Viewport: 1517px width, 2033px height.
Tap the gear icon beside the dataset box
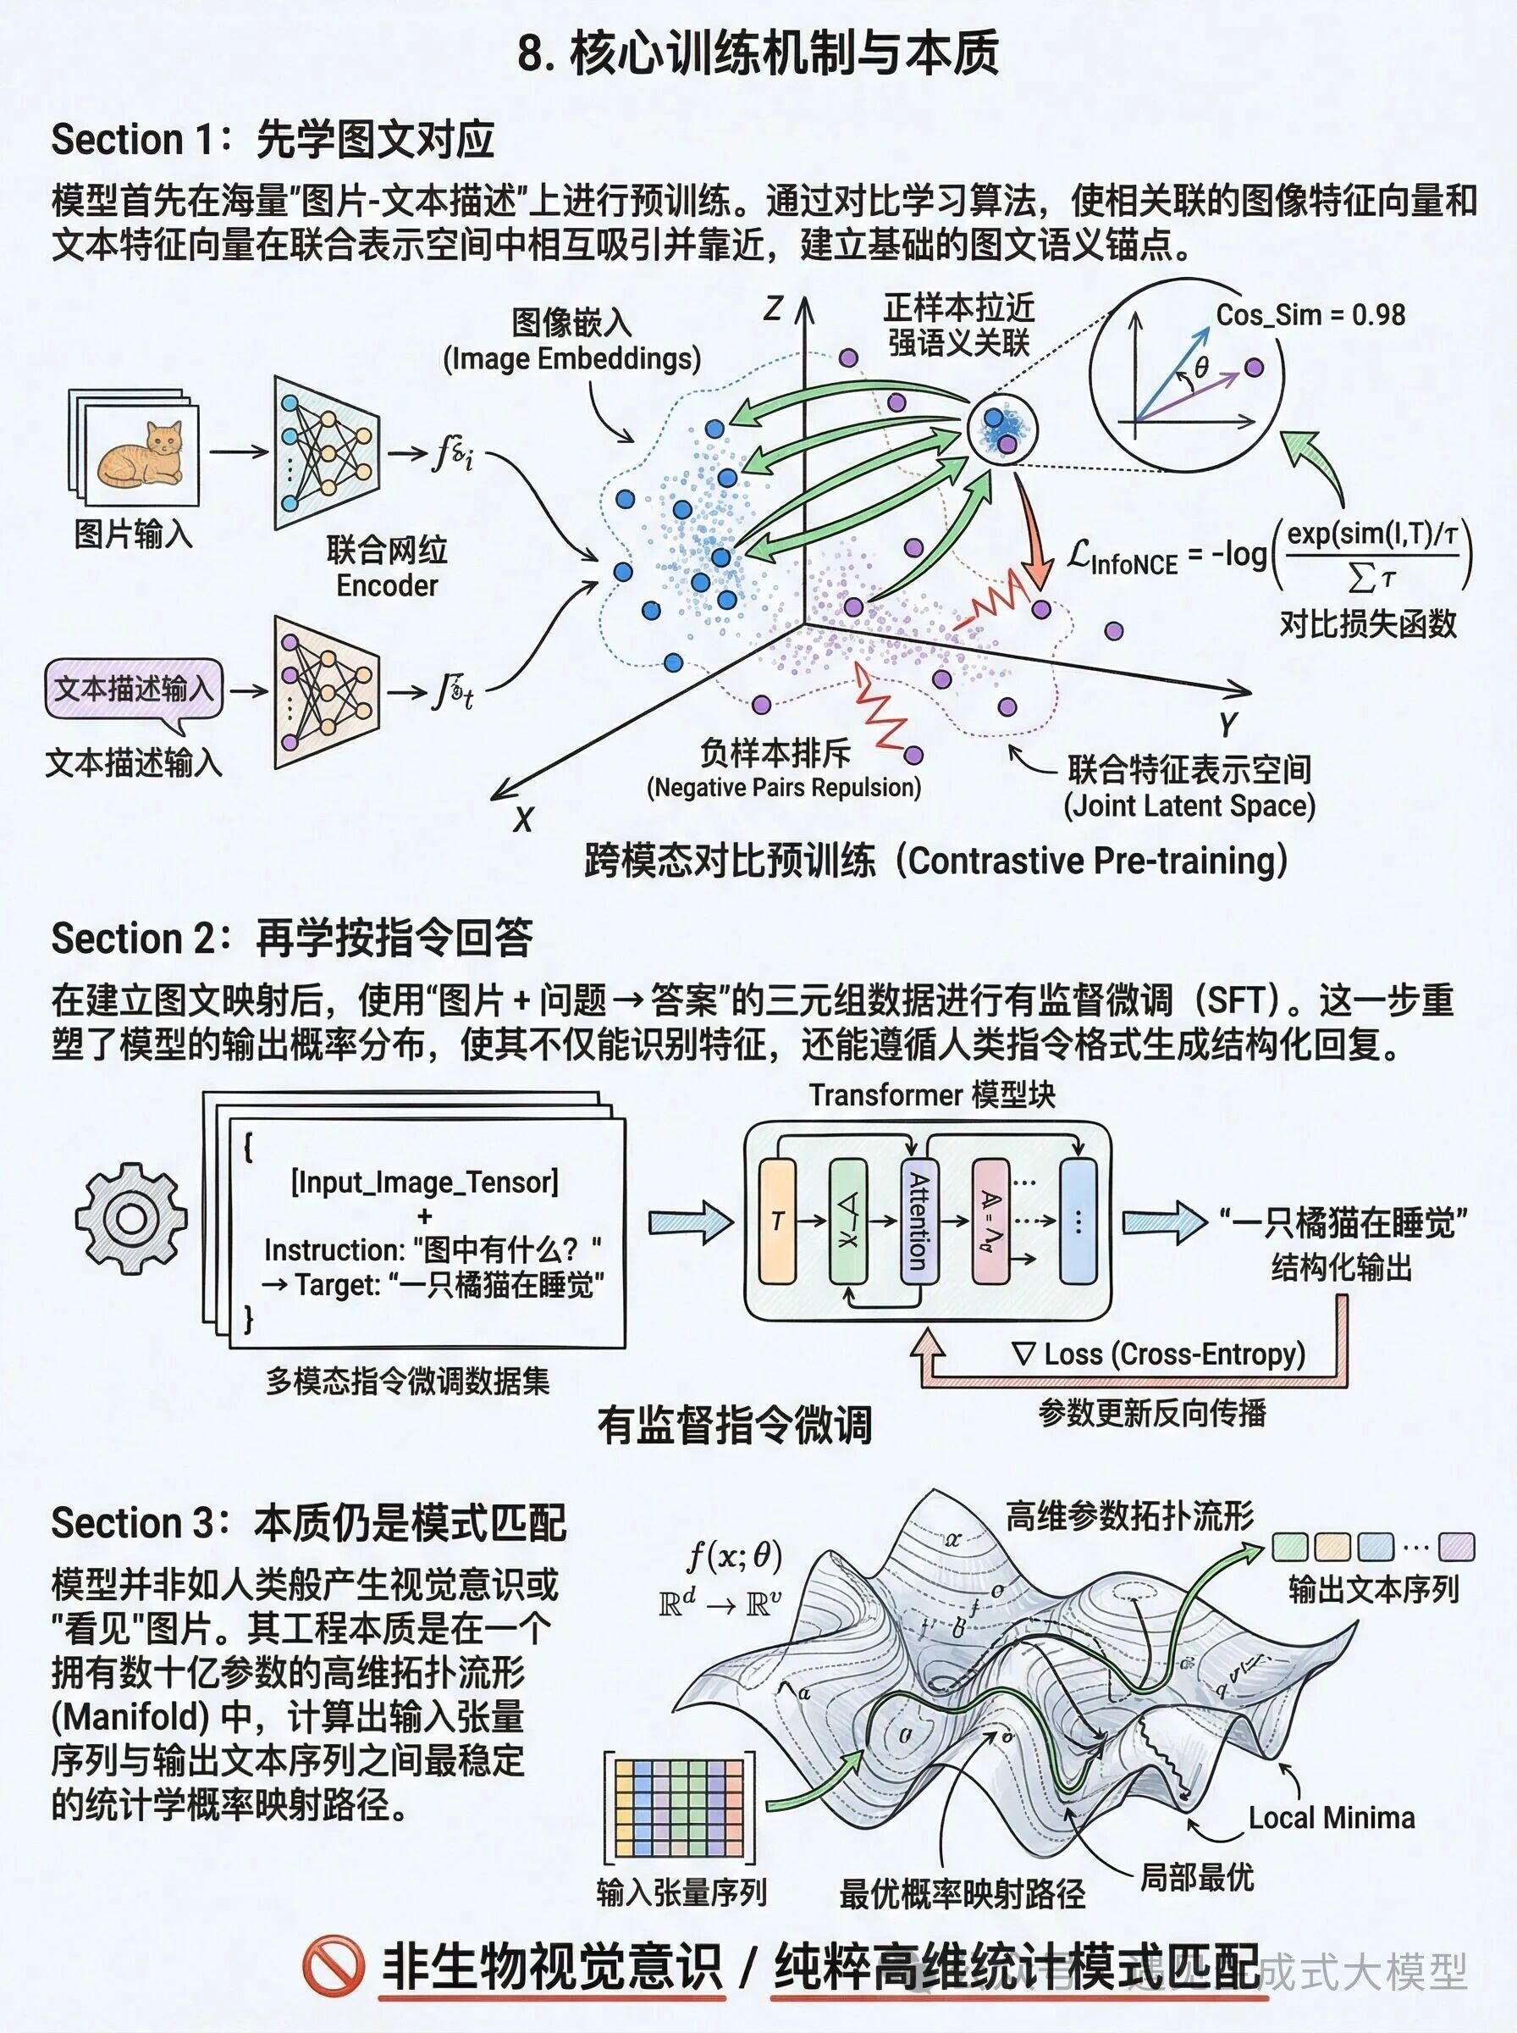(x=131, y=1218)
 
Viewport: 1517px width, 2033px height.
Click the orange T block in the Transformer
(x=777, y=1221)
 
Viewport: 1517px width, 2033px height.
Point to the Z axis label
(x=773, y=308)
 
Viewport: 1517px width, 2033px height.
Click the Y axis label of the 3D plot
(x=1228, y=724)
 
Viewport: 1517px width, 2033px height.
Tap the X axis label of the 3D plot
(x=523, y=819)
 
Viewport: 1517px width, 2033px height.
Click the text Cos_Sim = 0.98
(x=1310, y=315)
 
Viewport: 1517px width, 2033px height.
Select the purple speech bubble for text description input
(x=134, y=689)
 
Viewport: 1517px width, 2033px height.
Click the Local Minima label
(x=1331, y=1817)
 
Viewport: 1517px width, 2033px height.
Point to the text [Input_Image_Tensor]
(x=424, y=1182)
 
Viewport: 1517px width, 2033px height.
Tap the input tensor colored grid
(x=679, y=1808)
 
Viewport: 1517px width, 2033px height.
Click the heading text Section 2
(x=132, y=938)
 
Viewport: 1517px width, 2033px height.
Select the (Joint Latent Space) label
(x=1189, y=806)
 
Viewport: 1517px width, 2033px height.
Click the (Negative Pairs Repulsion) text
(x=783, y=787)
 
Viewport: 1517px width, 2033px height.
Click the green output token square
(x=1289, y=1547)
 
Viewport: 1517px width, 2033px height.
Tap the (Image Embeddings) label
(x=571, y=358)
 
